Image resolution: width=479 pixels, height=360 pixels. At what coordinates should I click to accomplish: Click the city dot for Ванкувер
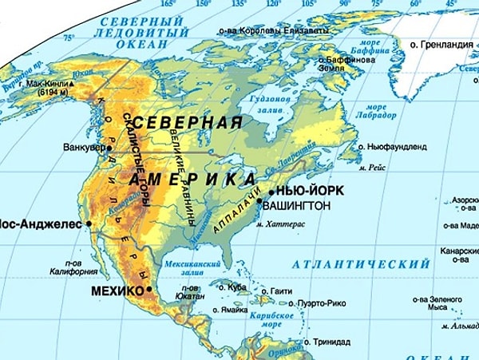point(109,148)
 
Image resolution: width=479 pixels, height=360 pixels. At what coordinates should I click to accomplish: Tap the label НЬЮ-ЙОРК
point(307,192)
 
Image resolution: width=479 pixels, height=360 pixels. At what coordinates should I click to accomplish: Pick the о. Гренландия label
point(441,45)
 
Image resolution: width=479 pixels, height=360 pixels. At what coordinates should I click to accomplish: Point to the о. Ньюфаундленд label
point(403,147)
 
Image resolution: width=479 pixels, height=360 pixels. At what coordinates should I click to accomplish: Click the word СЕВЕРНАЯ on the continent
point(189,123)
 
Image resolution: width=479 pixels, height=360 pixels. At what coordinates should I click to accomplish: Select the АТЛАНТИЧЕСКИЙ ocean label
point(361,264)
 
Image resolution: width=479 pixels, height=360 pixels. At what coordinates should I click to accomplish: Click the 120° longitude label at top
point(274,4)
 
